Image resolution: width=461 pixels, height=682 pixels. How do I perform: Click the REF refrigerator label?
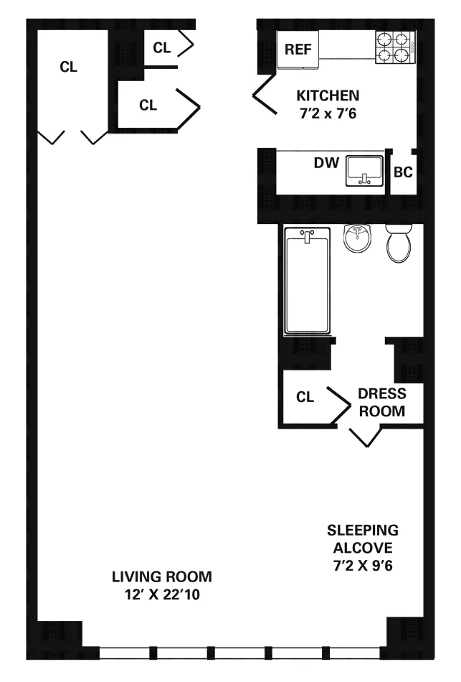(297, 50)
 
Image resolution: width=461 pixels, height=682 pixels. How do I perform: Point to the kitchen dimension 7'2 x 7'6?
(328, 113)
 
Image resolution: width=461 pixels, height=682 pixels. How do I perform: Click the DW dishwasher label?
(325, 163)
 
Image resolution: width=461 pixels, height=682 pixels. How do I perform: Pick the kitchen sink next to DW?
(365, 171)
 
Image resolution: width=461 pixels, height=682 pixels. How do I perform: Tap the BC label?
(403, 172)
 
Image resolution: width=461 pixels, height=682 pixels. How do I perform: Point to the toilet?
(399, 243)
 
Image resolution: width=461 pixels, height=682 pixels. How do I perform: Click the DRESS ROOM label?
(381, 403)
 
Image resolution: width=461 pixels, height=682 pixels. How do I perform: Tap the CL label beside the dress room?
(305, 397)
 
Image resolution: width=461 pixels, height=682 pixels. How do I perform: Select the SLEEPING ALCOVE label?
(362, 539)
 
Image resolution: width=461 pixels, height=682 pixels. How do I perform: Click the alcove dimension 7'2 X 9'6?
(362, 565)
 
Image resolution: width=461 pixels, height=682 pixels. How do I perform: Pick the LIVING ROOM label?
(161, 576)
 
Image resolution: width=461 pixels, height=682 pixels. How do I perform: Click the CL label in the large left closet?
(69, 67)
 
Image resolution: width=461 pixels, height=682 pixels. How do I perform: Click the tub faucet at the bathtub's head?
(308, 235)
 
